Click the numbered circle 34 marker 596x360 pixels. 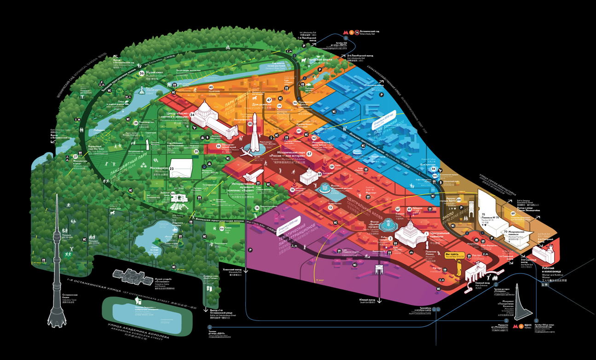pos(192,115)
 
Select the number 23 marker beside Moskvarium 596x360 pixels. pos(172,168)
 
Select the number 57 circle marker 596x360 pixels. pos(309,154)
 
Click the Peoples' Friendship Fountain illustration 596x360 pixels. pos(389,224)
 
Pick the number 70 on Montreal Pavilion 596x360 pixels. pos(505,232)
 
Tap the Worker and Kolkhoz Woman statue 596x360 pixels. pos(543,254)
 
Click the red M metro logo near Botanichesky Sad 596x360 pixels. pos(346,32)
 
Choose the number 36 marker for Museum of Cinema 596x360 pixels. pos(141,72)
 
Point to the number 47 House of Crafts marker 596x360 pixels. pos(269,100)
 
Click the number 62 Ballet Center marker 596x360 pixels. pos(314,138)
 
